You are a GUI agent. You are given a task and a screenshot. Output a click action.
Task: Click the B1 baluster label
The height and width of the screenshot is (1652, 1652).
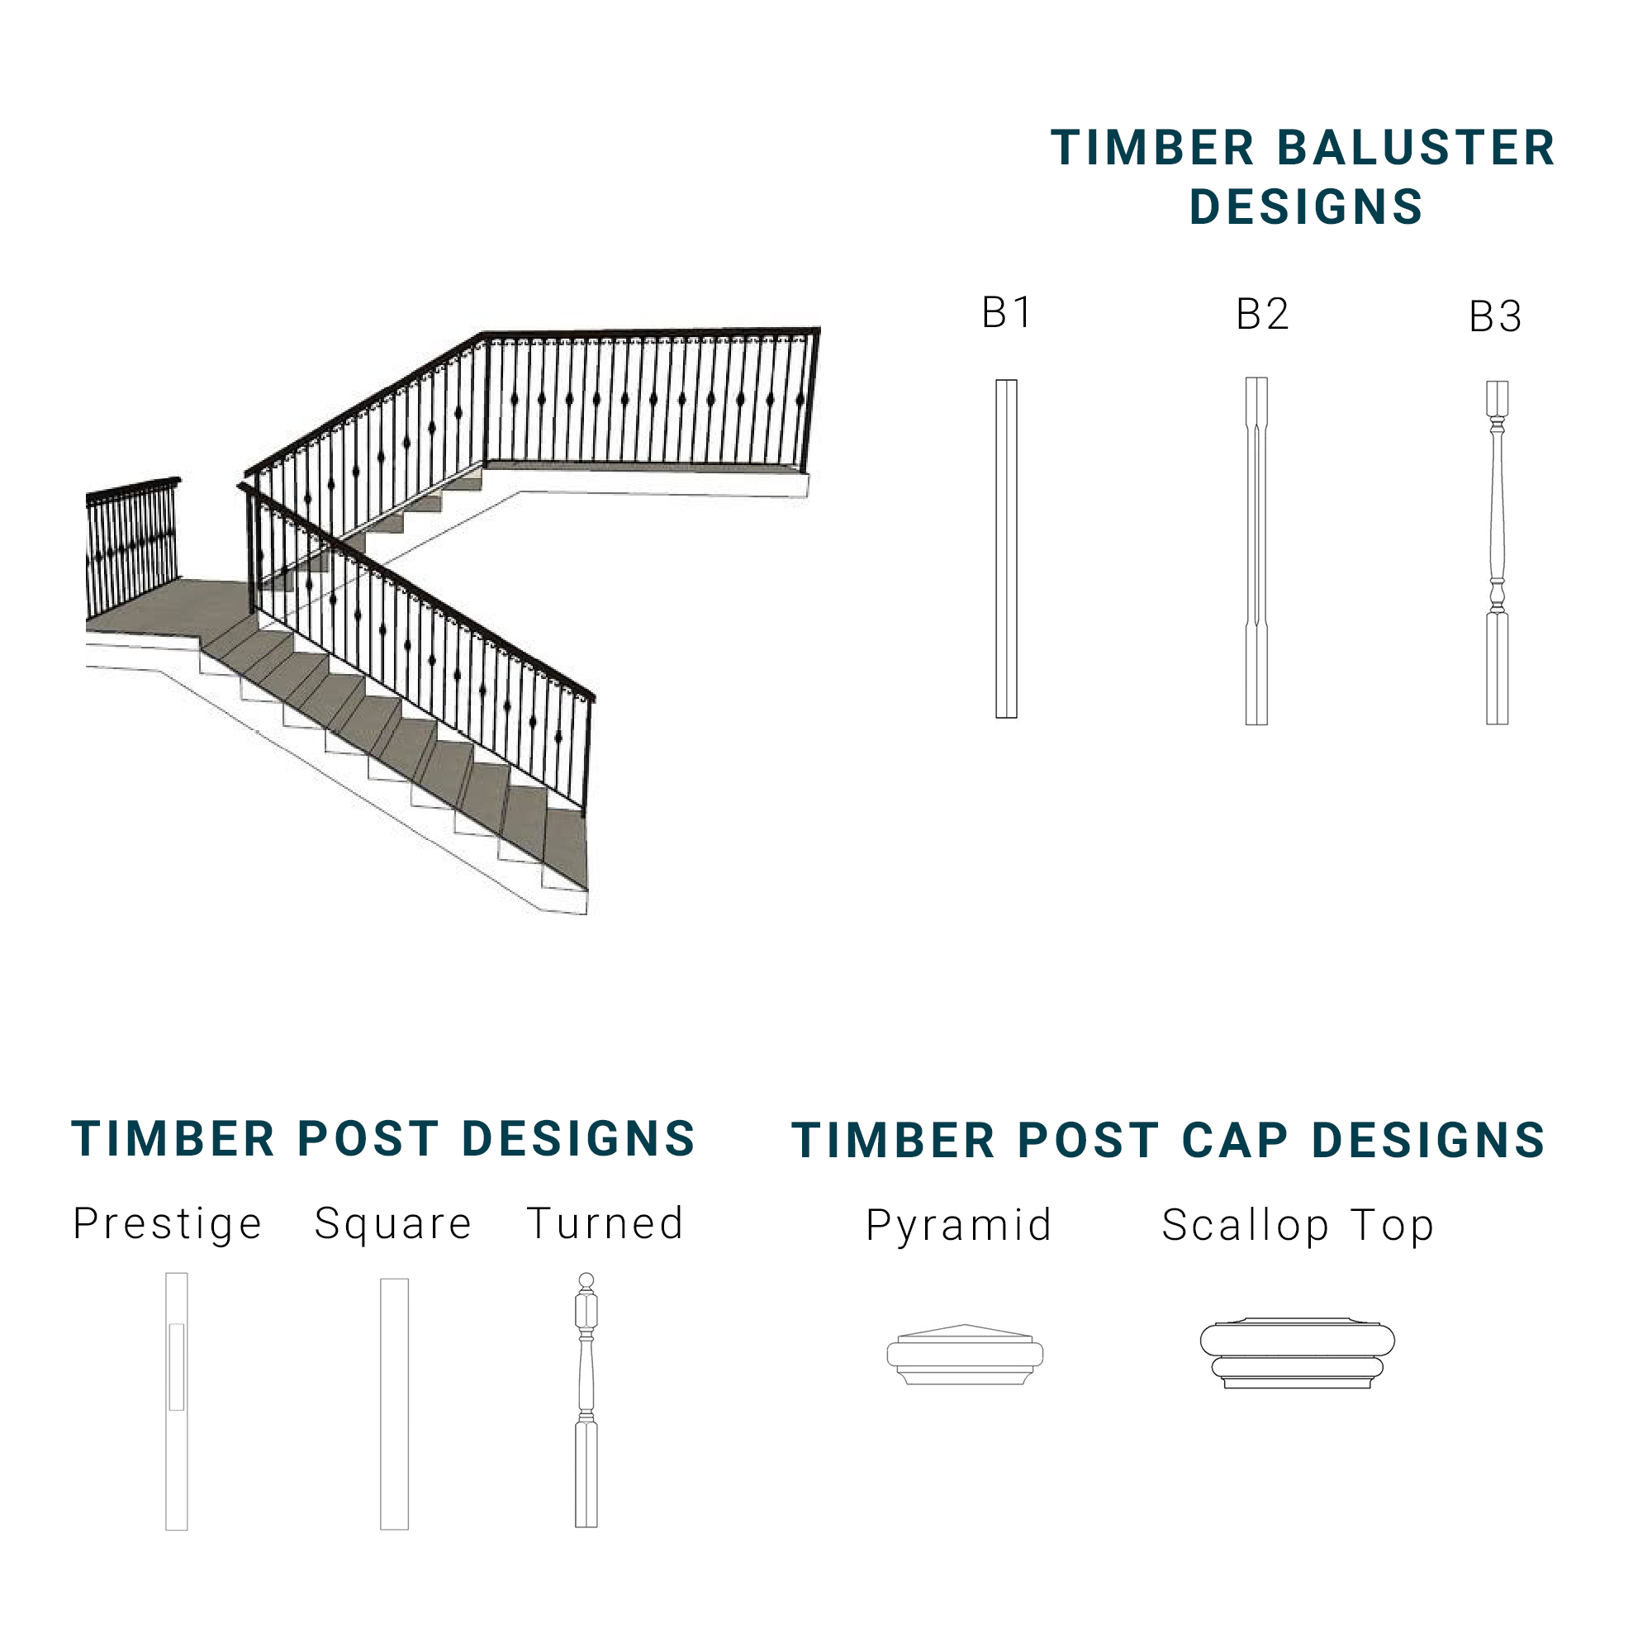[1007, 312]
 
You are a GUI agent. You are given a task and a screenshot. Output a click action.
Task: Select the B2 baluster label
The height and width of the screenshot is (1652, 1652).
[1262, 315]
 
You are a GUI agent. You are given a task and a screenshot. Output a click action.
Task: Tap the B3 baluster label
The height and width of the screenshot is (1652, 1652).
[1496, 317]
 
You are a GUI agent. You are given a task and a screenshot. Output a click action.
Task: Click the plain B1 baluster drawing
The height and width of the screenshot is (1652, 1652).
[1006, 549]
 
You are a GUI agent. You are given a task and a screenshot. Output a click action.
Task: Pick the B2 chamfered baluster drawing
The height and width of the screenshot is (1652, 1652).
[1256, 552]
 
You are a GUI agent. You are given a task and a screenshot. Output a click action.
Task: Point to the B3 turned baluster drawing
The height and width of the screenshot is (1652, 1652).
[1498, 553]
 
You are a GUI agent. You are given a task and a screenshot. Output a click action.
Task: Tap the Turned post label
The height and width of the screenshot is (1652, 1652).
[605, 1223]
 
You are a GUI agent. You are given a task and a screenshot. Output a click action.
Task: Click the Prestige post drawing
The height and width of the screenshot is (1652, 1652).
[176, 1402]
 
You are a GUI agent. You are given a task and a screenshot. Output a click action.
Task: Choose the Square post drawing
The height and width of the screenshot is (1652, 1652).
[394, 1403]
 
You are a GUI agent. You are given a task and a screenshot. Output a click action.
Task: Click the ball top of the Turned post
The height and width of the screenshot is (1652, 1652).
[586, 1280]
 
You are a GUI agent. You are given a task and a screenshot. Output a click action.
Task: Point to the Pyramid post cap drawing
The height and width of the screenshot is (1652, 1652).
[965, 1355]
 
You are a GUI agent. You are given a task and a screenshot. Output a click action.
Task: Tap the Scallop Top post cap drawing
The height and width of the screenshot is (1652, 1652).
[1297, 1353]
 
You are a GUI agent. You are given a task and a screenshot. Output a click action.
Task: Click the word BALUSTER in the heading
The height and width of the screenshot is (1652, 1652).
[1416, 148]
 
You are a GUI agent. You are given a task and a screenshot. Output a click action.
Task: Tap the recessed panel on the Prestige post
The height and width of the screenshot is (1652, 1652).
[176, 1366]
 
